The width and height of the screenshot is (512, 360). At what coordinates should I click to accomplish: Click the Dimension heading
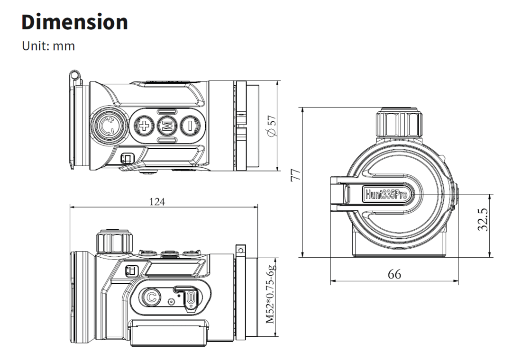75,22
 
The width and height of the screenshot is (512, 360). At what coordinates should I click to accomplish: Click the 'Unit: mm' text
48,46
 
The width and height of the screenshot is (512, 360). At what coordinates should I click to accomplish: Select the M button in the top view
166,126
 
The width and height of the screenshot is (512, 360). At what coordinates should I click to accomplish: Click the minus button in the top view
189,126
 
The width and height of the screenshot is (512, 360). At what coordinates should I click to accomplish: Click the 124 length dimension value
157,202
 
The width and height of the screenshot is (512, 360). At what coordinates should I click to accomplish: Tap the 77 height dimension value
295,176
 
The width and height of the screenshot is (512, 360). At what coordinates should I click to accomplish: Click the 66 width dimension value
394,274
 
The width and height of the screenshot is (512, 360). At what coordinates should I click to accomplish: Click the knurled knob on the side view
114,242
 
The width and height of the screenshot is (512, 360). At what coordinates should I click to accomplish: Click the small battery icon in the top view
128,158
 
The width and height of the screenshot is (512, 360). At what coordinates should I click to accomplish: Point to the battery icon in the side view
131,270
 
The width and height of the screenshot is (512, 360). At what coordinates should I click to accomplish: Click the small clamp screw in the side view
240,250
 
